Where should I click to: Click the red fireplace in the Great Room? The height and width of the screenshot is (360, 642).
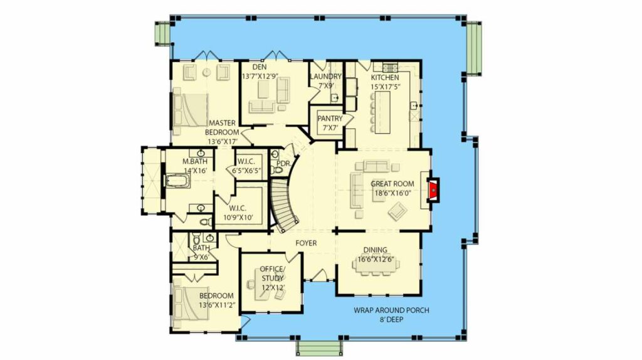pyautogui.click(x=433, y=189)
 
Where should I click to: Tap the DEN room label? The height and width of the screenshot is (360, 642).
pyautogui.click(x=259, y=66)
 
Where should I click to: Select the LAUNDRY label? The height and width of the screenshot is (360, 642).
pyautogui.click(x=325, y=77)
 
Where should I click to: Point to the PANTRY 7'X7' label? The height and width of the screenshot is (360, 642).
pyautogui.click(x=330, y=123)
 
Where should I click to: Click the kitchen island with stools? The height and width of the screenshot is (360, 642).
pyautogui.click(x=382, y=112)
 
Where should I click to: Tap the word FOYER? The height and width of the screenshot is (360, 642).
pyautogui.click(x=306, y=243)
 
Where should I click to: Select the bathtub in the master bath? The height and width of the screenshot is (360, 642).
pyautogui.click(x=177, y=181)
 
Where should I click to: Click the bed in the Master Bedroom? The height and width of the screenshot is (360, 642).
pyautogui.click(x=191, y=110)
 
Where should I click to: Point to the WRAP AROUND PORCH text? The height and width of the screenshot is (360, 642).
pyautogui.click(x=391, y=310)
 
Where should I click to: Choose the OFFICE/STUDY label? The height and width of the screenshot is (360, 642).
pyautogui.click(x=272, y=273)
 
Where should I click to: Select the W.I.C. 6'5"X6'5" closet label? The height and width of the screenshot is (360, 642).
pyautogui.click(x=246, y=166)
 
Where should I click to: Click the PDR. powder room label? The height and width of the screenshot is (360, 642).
pyautogui.click(x=283, y=164)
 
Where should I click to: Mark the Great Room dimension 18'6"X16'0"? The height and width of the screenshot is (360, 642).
pyautogui.click(x=392, y=193)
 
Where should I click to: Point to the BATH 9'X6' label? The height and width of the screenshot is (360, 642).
pyautogui.click(x=201, y=252)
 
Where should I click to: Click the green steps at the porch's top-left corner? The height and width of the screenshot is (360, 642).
pyautogui.click(x=162, y=33)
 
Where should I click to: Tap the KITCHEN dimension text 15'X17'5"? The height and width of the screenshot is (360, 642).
pyautogui.click(x=385, y=87)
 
